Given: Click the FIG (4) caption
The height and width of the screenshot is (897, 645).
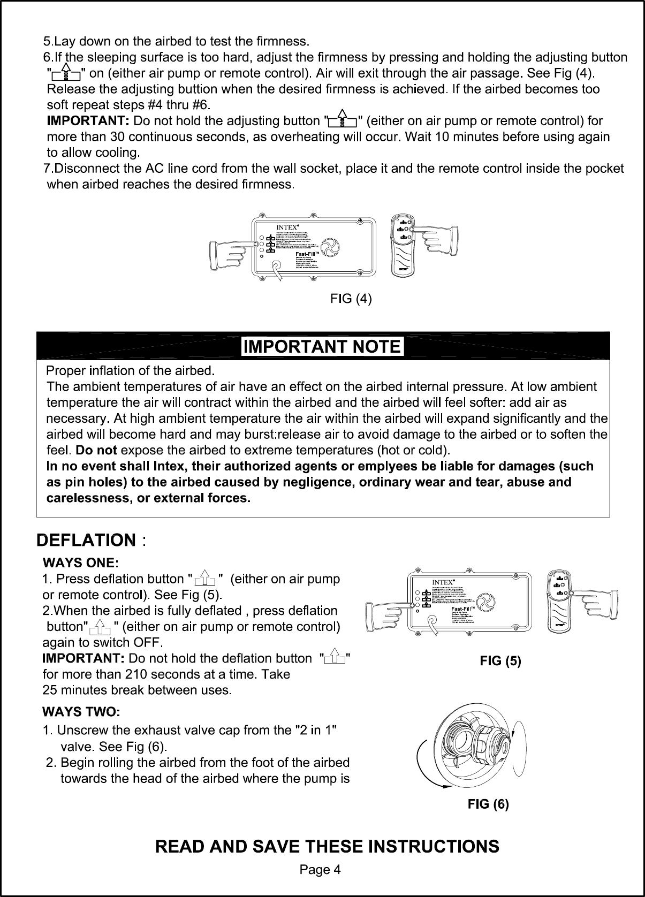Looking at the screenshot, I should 351,299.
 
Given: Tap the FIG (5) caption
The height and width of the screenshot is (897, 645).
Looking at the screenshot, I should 500,660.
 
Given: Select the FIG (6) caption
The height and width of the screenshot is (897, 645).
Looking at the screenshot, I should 488,804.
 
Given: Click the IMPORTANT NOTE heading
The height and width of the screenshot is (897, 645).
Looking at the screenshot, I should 322,347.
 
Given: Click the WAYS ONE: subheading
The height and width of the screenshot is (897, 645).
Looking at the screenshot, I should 80,563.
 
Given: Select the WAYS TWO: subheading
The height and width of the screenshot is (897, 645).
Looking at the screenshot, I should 81,712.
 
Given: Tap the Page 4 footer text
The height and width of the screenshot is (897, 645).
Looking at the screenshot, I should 320,870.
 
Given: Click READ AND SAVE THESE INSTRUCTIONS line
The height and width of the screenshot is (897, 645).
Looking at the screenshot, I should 327,846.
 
